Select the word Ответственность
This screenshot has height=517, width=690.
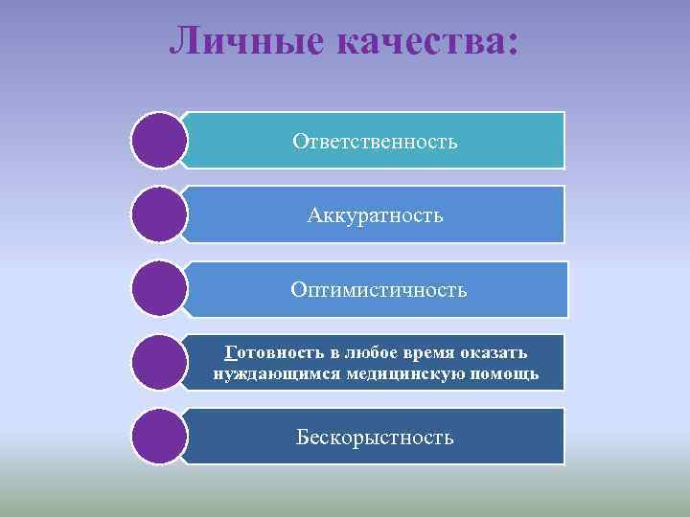(x=376, y=142)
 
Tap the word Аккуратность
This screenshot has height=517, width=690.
(x=376, y=215)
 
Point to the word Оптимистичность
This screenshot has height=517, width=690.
(x=379, y=289)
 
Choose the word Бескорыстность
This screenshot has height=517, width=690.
(x=375, y=438)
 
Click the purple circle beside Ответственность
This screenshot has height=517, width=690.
(x=158, y=141)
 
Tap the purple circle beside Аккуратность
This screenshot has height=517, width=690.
(x=158, y=214)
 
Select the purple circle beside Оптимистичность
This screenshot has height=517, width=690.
(x=158, y=289)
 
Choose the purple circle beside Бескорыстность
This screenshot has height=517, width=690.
(x=158, y=437)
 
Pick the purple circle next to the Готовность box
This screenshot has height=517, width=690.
(x=158, y=363)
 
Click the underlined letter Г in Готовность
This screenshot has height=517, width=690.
(x=227, y=352)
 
